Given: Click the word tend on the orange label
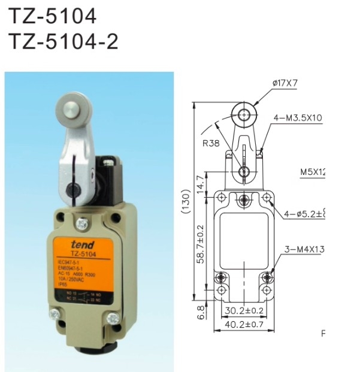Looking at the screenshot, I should tap(82, 244).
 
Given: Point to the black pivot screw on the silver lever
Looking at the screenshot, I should tap(75, 191).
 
